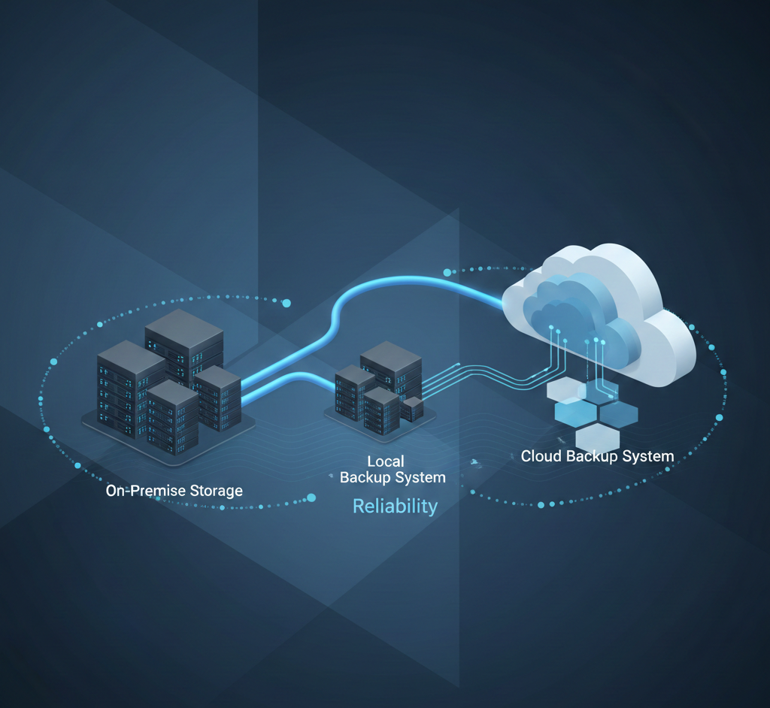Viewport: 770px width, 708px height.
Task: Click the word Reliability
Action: [x=395, y=506]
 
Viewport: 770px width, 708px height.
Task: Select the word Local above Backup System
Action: [x=385, y=461]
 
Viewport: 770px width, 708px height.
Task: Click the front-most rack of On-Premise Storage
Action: [x=172, y=417]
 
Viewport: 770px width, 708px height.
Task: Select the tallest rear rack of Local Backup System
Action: [x=391, y=368]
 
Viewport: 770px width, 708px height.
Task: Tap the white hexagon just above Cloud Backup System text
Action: [x=598, y=438]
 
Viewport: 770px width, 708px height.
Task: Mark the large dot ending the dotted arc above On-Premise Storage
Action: [x=286, y=303]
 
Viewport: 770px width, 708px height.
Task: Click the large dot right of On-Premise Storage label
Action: [x=311, y=497]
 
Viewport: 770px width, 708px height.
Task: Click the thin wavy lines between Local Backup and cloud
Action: [x=481, y=374]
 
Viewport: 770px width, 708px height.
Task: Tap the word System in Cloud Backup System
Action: [x=646, y=455]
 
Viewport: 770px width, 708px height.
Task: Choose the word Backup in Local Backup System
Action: [x=369, y=477]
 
